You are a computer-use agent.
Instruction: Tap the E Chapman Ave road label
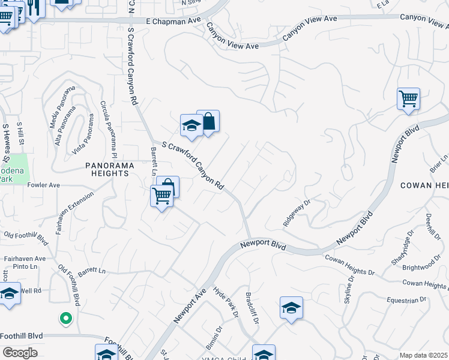click(x=173, y=20)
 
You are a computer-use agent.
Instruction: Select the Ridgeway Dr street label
click(x=297, y=213)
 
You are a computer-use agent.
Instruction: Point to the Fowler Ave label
click(x=44, y=185)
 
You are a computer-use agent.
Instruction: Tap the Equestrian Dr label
click(x=406, y=299)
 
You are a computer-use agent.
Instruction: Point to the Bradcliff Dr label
click(x=252, y=308)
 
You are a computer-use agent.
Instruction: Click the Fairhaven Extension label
click(x=74, y=213)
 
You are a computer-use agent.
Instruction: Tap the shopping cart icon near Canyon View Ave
click(x=409, y=98)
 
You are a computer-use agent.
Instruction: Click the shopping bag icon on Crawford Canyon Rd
click(x=208, y=122)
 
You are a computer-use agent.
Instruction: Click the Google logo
click(x=19, y=353)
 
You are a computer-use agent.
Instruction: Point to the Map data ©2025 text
click(x=423, y=355)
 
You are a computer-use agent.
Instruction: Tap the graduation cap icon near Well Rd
click(x=10, y=295)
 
